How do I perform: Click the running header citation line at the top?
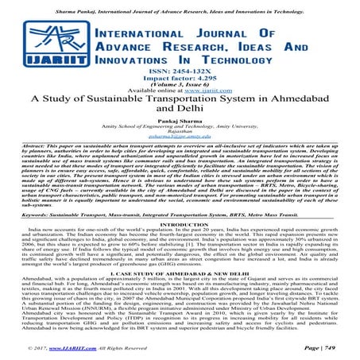[x=180, y=4]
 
